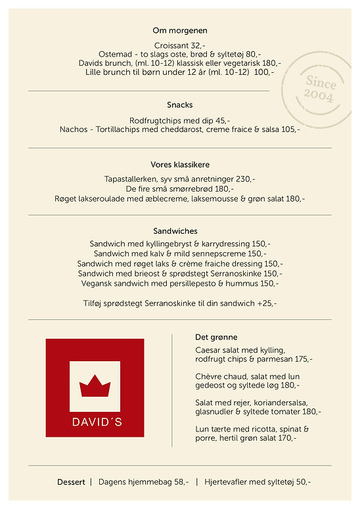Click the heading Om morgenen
(180, 30)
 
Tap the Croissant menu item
(173, 45)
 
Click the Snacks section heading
(180, 105)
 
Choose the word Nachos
(73, 129)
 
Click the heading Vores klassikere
(180, 165)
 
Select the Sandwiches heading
(180, 231)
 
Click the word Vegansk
(97, 283)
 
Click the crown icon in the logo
(95, 386)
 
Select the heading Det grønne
(217, 337)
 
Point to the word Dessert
(71, 482)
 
